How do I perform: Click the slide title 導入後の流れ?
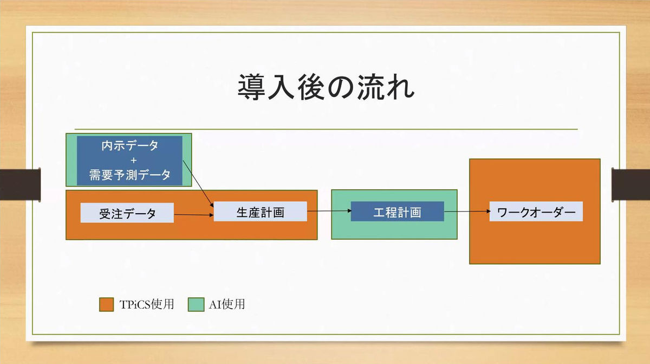point(326,87)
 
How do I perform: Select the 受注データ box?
point(127,213)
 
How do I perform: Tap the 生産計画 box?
point(261,212)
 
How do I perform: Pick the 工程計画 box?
point(397,212)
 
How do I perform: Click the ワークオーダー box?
point(536,212)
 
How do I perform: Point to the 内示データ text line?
point(129,145)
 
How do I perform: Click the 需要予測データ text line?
point(129,175)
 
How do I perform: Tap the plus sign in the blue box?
point(133,161)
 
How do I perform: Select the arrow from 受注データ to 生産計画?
point(194,215)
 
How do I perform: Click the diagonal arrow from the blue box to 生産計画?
point(198,183)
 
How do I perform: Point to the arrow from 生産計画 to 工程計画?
point(329,211)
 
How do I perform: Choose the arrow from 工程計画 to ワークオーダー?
point(467,211)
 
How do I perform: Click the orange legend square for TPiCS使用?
point(106,304)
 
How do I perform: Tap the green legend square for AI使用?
point(196,304)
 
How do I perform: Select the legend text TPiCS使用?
point(147,304)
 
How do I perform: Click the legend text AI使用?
point(227,304)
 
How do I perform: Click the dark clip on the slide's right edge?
point(630,185)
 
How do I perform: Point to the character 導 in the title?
point(251,87)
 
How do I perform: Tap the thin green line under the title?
point(326,129)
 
